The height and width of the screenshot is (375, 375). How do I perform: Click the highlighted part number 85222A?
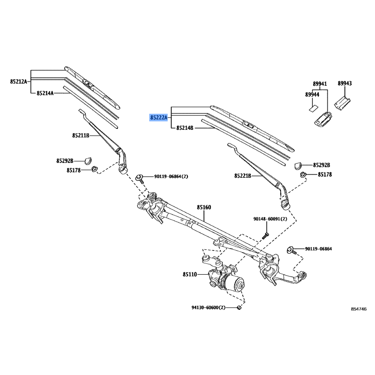tap(159, 117)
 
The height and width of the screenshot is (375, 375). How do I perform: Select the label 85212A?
tap(19, 82)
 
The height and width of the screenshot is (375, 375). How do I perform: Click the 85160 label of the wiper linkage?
tap(204, 207)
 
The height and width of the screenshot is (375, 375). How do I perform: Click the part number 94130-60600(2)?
tap(209, 307)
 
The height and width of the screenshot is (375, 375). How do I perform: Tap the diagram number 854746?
tap(359, 310)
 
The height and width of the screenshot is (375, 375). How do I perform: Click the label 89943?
tap(345, 83)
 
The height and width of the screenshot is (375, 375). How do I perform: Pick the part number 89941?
tap(320, 84)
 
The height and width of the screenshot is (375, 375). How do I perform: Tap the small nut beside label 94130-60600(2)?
tap(239, 307)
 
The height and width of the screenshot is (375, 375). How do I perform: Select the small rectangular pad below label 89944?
tap(311, 107)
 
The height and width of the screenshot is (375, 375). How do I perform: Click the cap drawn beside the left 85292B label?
tap(89, 160)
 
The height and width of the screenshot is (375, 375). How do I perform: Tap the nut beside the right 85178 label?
tap(303, 175)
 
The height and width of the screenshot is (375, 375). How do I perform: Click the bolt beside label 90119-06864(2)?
tap(140, 177)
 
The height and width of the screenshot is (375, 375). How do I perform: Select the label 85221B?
tap(243, 176)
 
